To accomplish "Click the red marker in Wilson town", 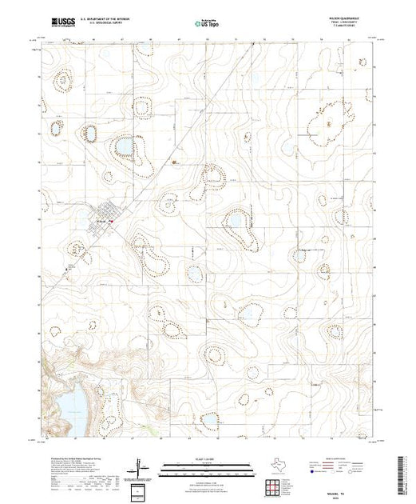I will (112, 222).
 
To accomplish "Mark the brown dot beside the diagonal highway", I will (174, 162).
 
